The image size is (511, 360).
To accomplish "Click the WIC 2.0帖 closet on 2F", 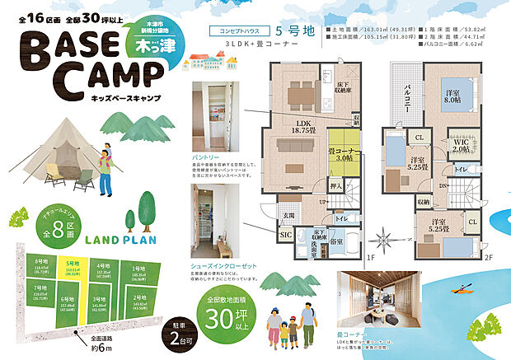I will coord(461,146).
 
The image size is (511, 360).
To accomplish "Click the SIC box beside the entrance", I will coord(287,235).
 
